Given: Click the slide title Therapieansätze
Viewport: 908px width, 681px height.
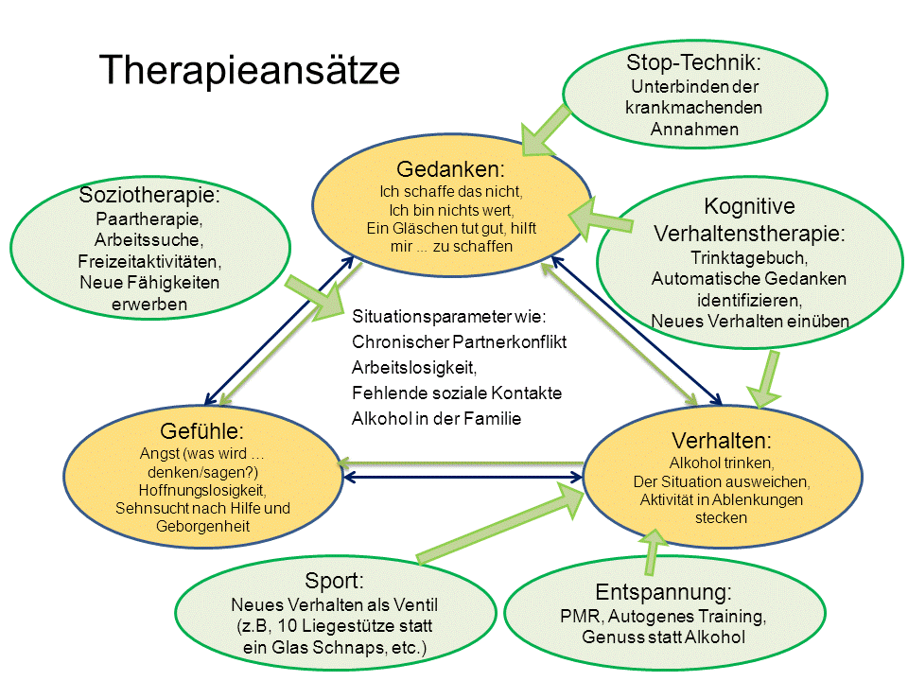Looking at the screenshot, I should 250,71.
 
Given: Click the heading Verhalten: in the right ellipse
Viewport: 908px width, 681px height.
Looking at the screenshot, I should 722,441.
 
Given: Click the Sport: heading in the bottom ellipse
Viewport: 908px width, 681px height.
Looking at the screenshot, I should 334,580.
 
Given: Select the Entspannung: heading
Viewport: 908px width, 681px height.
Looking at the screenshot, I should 663,593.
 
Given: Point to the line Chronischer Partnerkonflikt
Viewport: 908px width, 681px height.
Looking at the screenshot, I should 459,340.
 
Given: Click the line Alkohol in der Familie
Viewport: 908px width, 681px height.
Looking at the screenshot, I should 436,418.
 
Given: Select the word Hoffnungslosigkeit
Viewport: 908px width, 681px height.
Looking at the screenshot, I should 202,490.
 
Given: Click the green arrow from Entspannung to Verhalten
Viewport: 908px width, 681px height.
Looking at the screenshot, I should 652,550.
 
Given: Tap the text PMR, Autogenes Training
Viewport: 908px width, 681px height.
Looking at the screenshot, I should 663,617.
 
